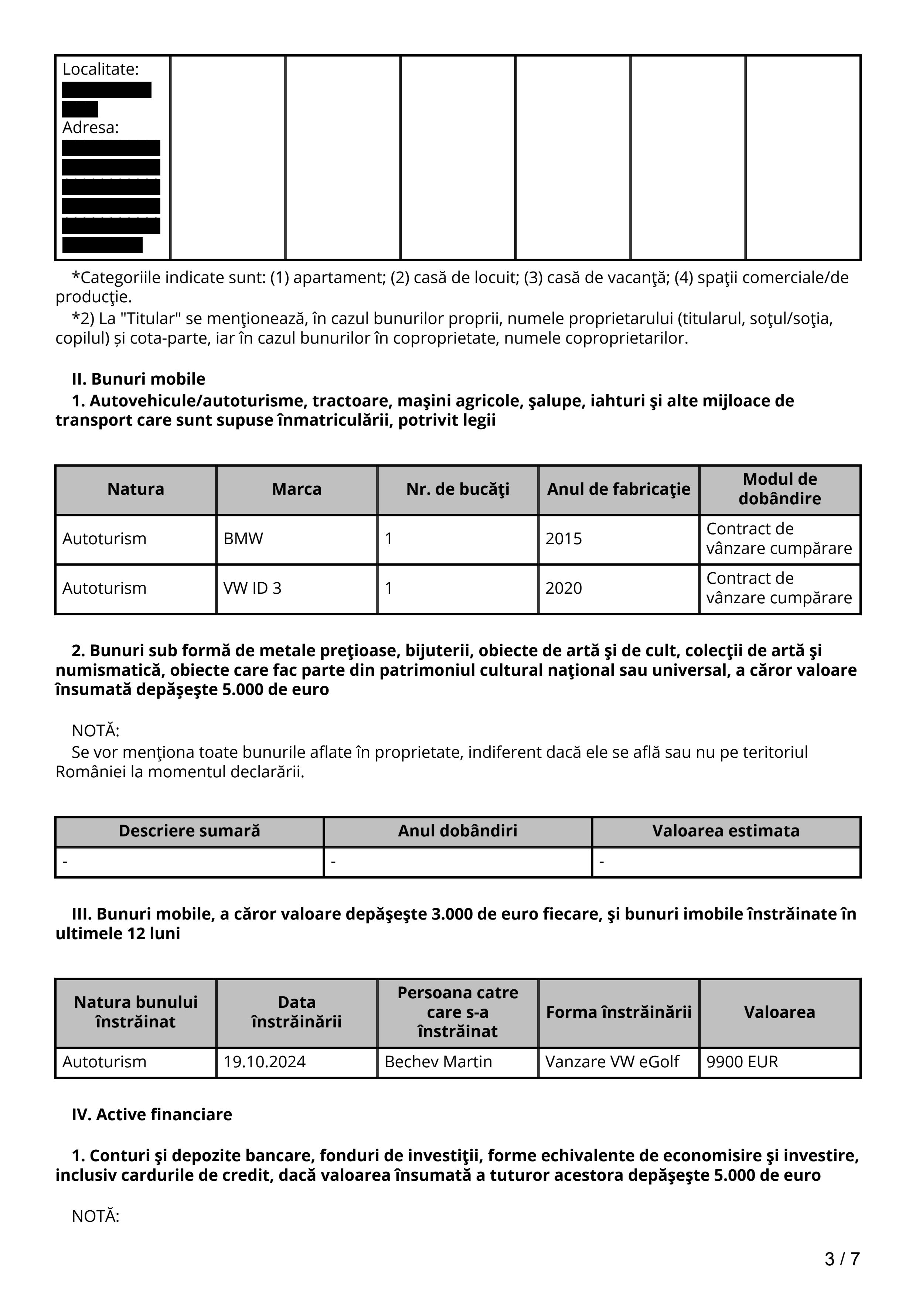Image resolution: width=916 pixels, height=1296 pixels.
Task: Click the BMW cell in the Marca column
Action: (243, 539)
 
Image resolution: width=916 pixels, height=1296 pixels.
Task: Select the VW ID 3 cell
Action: (252, 588)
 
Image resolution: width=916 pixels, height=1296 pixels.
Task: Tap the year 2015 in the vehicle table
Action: (563, 539)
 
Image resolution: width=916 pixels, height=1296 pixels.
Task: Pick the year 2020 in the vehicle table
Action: (563, 588)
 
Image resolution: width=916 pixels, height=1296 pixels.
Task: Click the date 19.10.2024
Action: (264, 1062)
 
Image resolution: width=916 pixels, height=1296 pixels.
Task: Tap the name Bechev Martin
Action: (438, 1062)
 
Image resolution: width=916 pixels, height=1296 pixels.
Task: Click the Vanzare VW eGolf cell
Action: (612, 1062)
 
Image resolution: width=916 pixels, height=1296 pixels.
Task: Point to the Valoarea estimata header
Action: (726, 831)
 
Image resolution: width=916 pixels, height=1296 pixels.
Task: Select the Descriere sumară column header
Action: (189, 831)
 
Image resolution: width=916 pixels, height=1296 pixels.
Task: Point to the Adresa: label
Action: (90, 128)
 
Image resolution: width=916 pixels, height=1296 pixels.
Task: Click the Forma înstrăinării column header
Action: (619, 1012)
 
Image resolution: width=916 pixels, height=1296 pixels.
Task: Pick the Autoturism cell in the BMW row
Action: (105, 539)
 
